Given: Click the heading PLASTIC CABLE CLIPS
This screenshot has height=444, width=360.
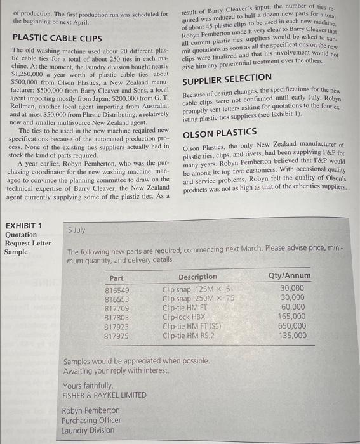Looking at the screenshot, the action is pos(57,38).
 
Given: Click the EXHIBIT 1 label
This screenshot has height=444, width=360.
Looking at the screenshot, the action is pos(23,226).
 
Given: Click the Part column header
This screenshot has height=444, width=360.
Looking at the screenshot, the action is pos(116,278).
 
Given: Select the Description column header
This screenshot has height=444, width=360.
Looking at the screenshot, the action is pos(197,277).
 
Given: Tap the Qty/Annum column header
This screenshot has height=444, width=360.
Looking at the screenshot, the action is pos(290,276).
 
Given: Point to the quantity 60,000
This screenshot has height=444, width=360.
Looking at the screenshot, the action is pos(294,308).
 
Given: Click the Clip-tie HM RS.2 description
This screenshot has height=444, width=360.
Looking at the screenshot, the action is pos(189,336).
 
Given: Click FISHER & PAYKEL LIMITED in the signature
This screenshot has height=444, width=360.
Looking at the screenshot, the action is pos(105,395).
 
